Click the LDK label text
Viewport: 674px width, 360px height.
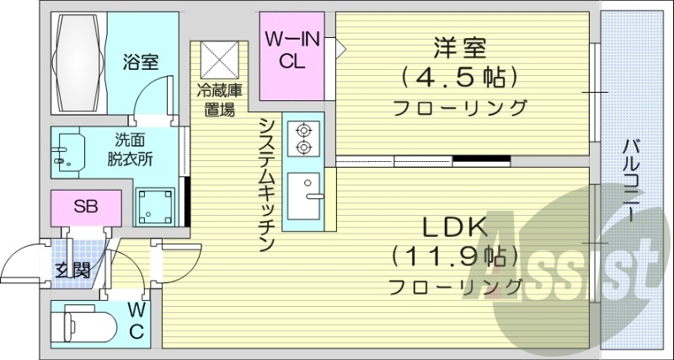click(x=454, y=227)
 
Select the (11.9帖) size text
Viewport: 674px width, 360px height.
click(x=454, y=255)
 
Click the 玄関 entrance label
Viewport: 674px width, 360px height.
click(x=74, y=271)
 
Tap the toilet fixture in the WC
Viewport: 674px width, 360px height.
click(x=82, y=323)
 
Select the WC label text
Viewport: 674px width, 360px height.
click(x=136, y=321)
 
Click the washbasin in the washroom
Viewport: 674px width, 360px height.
click(x=67, y=152)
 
